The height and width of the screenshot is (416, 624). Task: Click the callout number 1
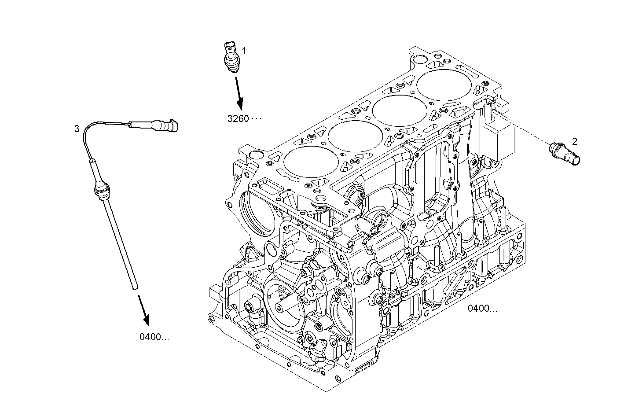click(244, 51)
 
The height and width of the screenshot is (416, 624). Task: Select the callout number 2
click(574, 141)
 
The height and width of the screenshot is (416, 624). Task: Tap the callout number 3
click(77, 129)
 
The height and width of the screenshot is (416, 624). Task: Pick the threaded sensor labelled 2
click(565, 154)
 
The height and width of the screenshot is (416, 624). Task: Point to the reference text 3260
click(238, 118)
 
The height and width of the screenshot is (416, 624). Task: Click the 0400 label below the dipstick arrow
click(154, 337)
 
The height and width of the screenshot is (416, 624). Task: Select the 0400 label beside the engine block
click(482, 308)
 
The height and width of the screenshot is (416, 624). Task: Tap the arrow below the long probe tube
click(144, 311)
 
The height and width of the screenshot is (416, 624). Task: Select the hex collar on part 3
click(102, 191)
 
